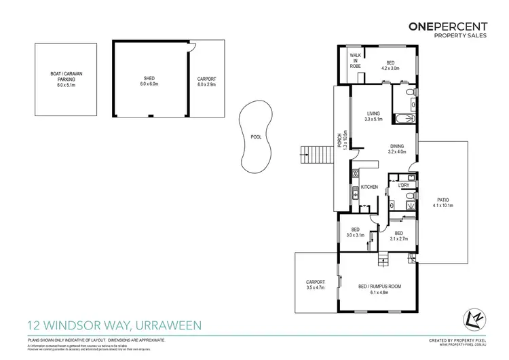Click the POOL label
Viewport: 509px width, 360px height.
tap(256, 137)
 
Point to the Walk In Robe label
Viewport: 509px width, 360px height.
tap(355, 60)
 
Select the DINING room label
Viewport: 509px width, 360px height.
tap(397, 149)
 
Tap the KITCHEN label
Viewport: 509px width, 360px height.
tap(369, 187)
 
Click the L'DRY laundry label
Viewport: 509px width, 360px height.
tap(402, 186)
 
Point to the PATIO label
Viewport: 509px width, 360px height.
tap(442, 202)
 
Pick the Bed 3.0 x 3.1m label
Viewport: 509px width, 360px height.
tap(356, 232)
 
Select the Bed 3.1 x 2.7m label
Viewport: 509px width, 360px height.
tap(399, 236)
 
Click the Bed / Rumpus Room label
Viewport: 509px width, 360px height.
tap(380, 289)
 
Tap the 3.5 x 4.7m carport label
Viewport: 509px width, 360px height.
tap(316, 285)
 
